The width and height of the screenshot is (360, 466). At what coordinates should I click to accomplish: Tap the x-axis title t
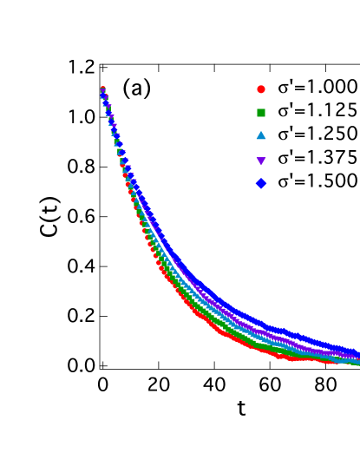241,407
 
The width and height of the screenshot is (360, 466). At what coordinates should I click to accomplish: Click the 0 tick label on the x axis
102,384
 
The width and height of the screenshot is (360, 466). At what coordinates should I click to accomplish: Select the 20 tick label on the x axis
158,384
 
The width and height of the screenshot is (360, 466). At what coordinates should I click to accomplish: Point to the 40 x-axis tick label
213,384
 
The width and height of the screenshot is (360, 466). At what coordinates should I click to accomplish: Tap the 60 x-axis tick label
269,384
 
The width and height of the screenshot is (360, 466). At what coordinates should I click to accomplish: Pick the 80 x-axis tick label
324,384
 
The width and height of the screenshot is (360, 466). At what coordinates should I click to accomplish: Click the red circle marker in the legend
260,88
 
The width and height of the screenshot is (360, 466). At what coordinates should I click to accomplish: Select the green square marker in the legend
260,111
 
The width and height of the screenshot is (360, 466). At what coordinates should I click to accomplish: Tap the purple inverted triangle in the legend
260,158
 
